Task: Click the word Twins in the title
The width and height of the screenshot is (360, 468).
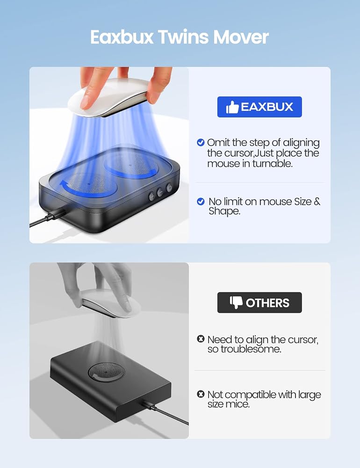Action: (183, 37)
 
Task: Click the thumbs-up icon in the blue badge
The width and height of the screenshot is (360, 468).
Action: (232, 107)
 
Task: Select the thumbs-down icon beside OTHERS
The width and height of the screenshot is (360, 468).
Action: (236, 303)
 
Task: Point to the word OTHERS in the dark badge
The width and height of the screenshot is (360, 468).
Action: (267, 303)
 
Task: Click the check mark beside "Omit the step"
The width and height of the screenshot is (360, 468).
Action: (201, 142)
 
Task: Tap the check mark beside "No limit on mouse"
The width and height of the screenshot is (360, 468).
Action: (201, 201)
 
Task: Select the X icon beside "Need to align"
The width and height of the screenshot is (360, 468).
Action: (201, 339)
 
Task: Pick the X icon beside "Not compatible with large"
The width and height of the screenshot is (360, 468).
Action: (201, 394)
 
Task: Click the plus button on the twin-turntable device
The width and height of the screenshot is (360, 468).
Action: (152, 197)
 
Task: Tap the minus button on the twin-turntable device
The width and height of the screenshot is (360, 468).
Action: (160, 192)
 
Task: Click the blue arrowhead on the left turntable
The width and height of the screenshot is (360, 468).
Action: (64, 184)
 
